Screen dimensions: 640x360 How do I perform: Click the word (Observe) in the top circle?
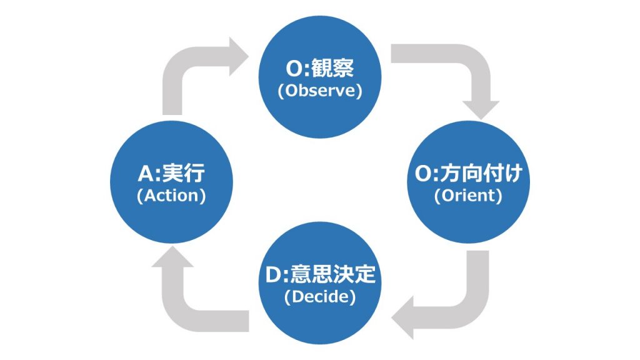click(x=319, y=91)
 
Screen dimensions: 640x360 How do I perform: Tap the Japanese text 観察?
click(x=333, y=68)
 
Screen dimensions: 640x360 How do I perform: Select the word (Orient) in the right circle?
click(x=468, y=196)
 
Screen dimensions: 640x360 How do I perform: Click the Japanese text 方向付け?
click(x=481, y=173)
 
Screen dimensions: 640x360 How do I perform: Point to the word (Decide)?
click(x=320, y=296)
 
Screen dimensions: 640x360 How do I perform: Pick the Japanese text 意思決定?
click(x=332, y=274)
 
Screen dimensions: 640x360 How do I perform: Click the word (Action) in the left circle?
click(x=171, y=196)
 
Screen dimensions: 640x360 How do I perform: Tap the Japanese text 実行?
click(x=184, y=173)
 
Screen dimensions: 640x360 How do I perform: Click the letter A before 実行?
click(x=146, y=174)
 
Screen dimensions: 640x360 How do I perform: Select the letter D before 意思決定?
click(x=273, y=275)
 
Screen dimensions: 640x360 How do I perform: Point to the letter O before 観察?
click(x=294, y=69)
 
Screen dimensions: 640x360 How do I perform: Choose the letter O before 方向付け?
click(x=423, y=174)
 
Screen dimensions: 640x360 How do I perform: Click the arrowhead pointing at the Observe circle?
click(x=238, y=56)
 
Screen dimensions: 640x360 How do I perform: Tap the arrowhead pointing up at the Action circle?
click(x=172, y=257)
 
